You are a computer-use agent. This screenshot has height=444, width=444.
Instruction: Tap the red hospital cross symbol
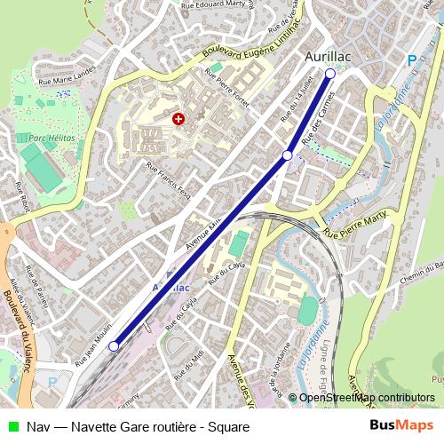(x=179, y=118)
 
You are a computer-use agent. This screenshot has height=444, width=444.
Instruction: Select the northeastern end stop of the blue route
(x=330, y=74)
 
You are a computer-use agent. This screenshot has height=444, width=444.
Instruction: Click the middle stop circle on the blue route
(x=287, y=155)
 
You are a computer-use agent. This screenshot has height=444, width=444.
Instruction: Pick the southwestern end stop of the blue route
(x=113, y=346)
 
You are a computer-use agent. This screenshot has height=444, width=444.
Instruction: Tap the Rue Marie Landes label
(x=65, y=81)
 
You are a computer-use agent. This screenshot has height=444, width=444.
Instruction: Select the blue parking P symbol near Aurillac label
(x=410, y=59)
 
